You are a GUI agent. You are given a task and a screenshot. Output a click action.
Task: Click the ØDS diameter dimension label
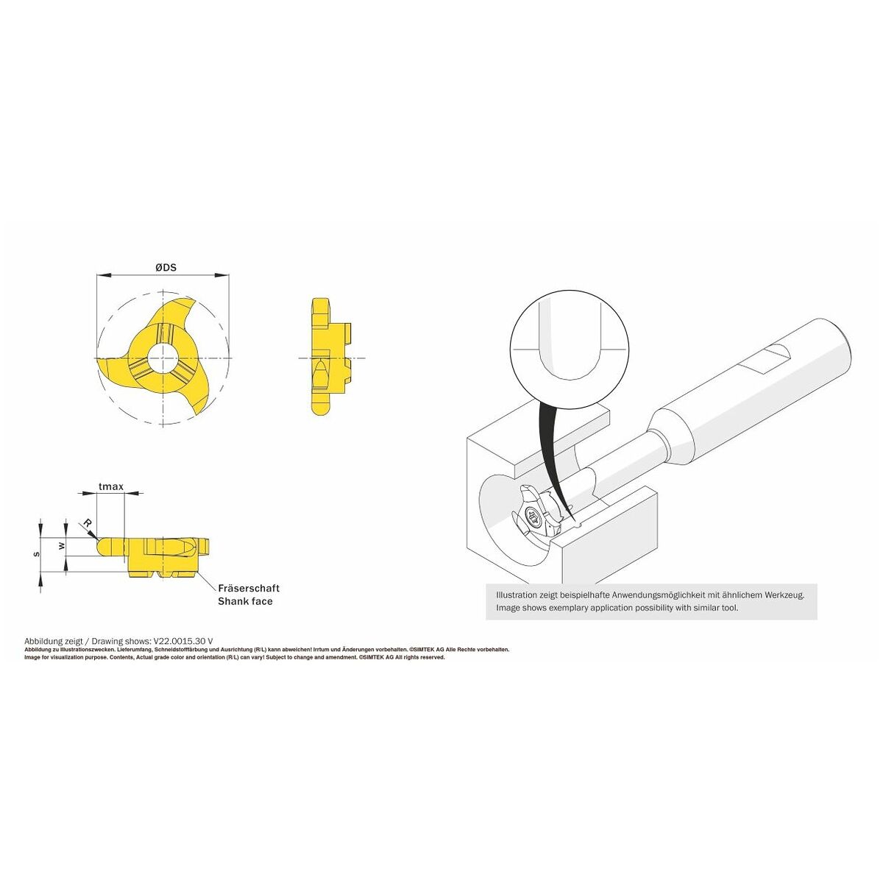click(166, 268)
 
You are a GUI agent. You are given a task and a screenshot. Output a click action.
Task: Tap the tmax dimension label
click(111, 486)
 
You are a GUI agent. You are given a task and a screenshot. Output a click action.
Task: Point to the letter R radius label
click(88, 523)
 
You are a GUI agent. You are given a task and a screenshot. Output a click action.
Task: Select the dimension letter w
click(63, 546)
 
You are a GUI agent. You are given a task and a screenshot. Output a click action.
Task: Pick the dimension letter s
click(37, 554)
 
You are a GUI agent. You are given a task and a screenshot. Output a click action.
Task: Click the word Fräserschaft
click(249, 588)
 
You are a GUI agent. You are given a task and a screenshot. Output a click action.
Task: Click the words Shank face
click(245, 601)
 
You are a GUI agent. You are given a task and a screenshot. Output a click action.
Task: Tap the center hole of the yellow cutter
click(163, 357)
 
